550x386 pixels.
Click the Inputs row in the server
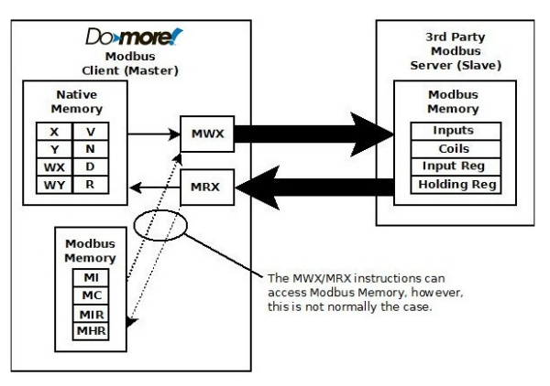click(454, 131)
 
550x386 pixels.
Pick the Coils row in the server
click(454, 148)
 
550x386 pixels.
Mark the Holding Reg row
click(454, 184)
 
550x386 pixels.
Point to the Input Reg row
click(454, 166)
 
